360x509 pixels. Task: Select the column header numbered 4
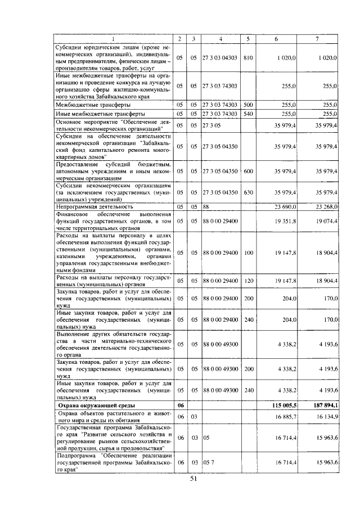[x=220, y=39]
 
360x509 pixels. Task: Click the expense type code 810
[x=249, y=57]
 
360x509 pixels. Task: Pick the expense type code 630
[x=249, y=192]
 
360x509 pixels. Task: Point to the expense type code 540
[x=249, y=114]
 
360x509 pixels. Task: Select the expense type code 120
[x=249, y=280]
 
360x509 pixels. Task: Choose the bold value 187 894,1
[x=322, y=406]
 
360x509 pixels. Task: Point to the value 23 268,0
[x=323, y=207]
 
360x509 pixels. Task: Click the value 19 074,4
[x=323, y=221]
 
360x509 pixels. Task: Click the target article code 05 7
[x=209, y=462]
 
